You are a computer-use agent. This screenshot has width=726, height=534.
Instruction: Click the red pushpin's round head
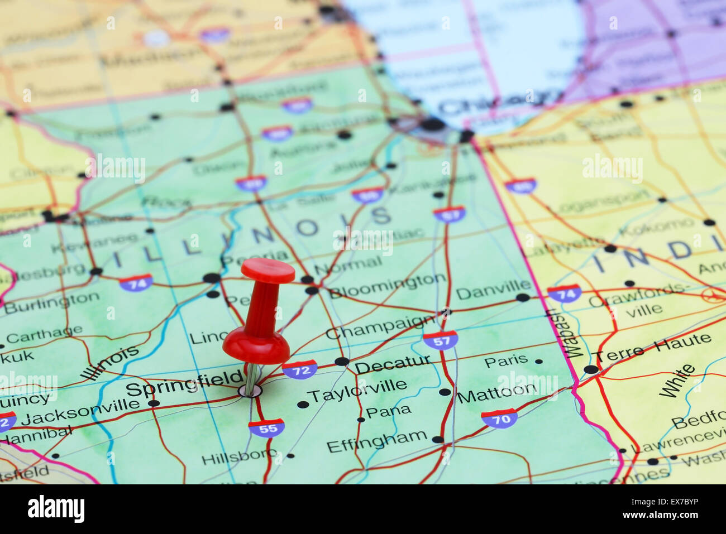coord(268,271)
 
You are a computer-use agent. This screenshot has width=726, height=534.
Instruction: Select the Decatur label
coord(393,364)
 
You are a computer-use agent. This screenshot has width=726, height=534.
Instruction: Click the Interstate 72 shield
coord(300,369)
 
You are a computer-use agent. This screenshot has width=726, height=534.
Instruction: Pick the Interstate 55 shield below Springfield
coord(266,427)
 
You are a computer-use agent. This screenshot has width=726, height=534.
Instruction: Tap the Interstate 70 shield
coord(499,417)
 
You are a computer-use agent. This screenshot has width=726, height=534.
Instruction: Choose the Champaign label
coord(380,326)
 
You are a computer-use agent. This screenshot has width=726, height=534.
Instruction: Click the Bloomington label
coord(387,285)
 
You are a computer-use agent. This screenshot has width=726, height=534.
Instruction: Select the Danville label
coord(486,291)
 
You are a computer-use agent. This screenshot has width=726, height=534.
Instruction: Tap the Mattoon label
coord(496,392)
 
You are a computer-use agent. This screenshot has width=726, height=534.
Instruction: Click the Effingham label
coord(377,441)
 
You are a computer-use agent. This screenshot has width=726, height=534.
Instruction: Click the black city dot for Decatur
coord(342,361)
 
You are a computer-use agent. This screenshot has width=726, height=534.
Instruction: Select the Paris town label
coord(506,361)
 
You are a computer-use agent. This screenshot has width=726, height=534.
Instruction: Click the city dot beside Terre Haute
coord(590,369)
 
